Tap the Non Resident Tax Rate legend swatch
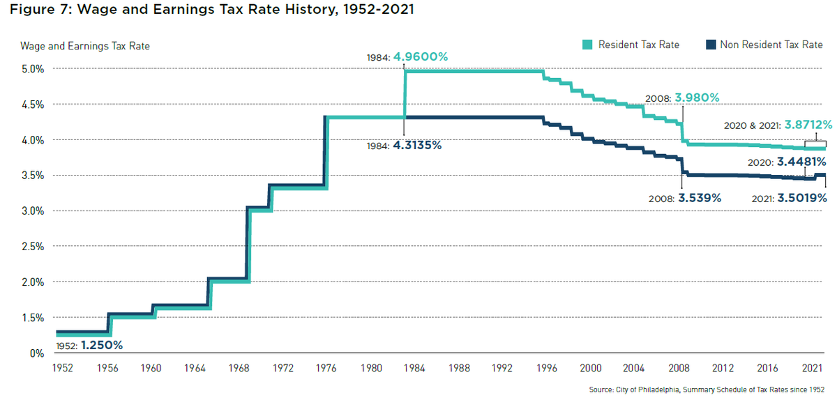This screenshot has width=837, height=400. click(x=711, y=45)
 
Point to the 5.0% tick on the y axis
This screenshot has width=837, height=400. click(x=33, y=69)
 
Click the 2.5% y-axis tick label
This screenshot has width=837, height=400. click(x=33, y=247)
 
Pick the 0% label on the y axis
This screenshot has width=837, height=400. click(x=38, y=353)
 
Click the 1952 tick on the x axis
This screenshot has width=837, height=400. click(x=63, y=367)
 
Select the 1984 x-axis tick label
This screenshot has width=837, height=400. click(x=414, y=367)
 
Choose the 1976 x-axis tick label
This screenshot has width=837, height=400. click(x=326, y=367)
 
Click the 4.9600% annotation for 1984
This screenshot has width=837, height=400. click(x=420, y=57)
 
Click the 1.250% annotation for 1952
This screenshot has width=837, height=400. click(x=102, y=344)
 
